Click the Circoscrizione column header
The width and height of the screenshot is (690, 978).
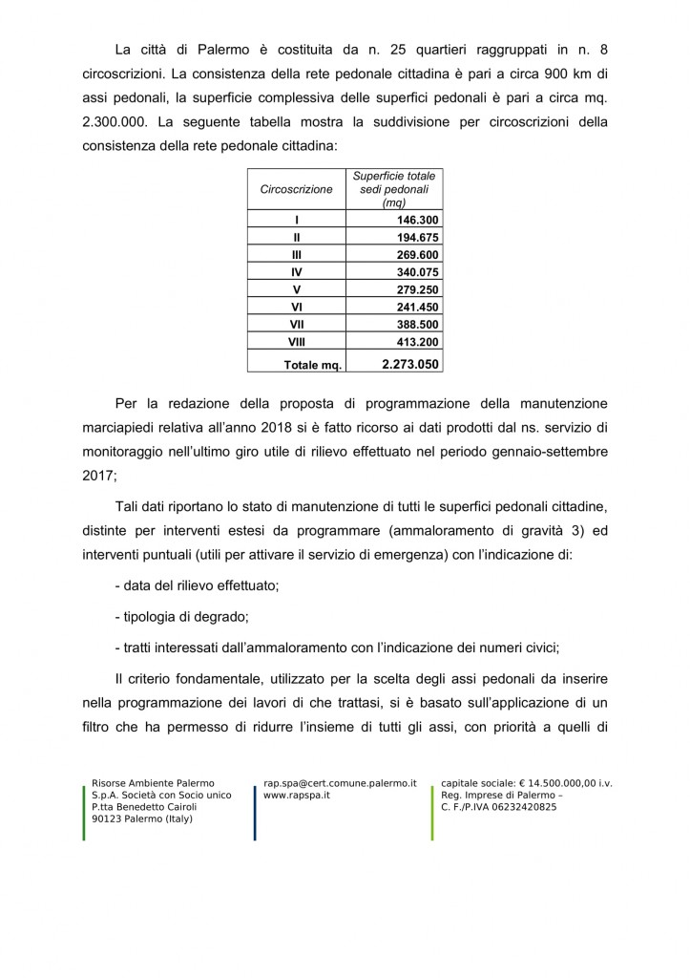pos(296,189)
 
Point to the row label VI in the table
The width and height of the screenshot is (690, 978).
pos(296,307)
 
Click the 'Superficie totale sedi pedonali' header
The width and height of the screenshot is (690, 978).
pos(393,189)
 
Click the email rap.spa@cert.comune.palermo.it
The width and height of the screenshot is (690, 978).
pos(340,783)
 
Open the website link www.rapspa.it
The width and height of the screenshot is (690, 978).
pos(290,795)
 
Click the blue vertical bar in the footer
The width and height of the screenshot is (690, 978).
pos(255,812)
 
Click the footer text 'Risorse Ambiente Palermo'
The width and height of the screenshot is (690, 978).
pos(153,783)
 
